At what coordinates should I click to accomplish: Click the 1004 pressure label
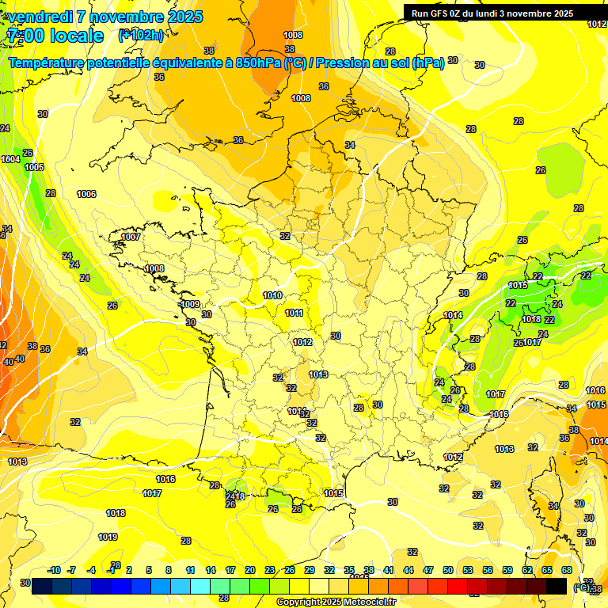10,159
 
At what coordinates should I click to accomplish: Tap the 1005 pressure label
34,167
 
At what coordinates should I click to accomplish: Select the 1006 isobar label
86,194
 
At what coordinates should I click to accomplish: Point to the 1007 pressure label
131,237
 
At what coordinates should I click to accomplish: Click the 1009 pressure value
189,304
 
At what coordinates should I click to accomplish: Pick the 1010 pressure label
272,295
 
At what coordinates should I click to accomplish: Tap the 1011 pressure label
294,313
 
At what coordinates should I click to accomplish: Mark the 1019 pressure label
108,537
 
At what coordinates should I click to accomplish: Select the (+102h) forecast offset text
140,35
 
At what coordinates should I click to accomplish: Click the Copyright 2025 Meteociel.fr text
336,602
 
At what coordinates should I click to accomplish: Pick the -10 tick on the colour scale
54,570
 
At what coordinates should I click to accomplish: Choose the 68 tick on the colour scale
567,570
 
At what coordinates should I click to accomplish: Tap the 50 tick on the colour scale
448,570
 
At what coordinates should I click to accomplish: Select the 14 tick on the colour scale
211,570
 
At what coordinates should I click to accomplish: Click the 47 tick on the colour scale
428,570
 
